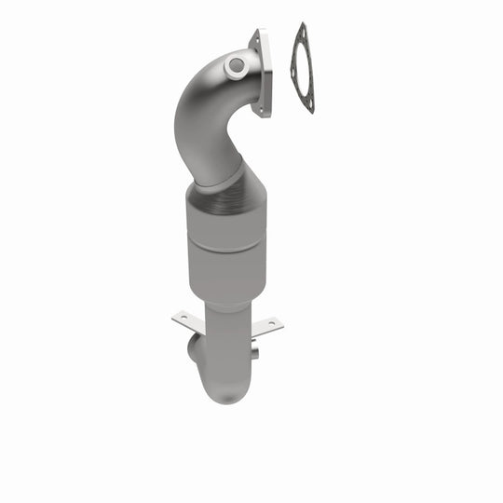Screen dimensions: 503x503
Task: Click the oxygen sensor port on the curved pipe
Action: pos(235,66)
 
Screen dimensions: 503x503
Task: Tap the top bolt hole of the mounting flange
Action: pos(255,38)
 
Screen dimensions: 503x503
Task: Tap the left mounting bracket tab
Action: pos(186,319)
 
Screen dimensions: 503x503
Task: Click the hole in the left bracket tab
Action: pos(183,319)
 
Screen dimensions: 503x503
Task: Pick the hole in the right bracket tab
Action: pos(270,324)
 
